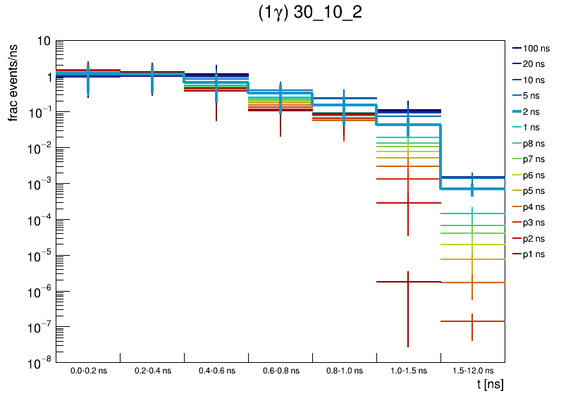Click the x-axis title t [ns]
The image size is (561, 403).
pyautogui.click(x=490, y=385)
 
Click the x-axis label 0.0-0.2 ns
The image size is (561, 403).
pyautogui.click(x=88, y=370)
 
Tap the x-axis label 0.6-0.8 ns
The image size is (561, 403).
pyautogui.click(x=280, y=370)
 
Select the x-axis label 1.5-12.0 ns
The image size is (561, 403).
pyautogui.click(x=472, y=370)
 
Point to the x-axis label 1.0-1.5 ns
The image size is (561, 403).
pyautogui.click(x=408, y=370)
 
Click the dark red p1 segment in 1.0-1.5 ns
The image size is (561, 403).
pyautogui.click(x=395, y=282)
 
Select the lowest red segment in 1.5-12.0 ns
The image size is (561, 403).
pyautogui.click(x=458, y=321)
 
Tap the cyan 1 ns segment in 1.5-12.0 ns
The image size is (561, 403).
pyautogui.click(x=458, y=213)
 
